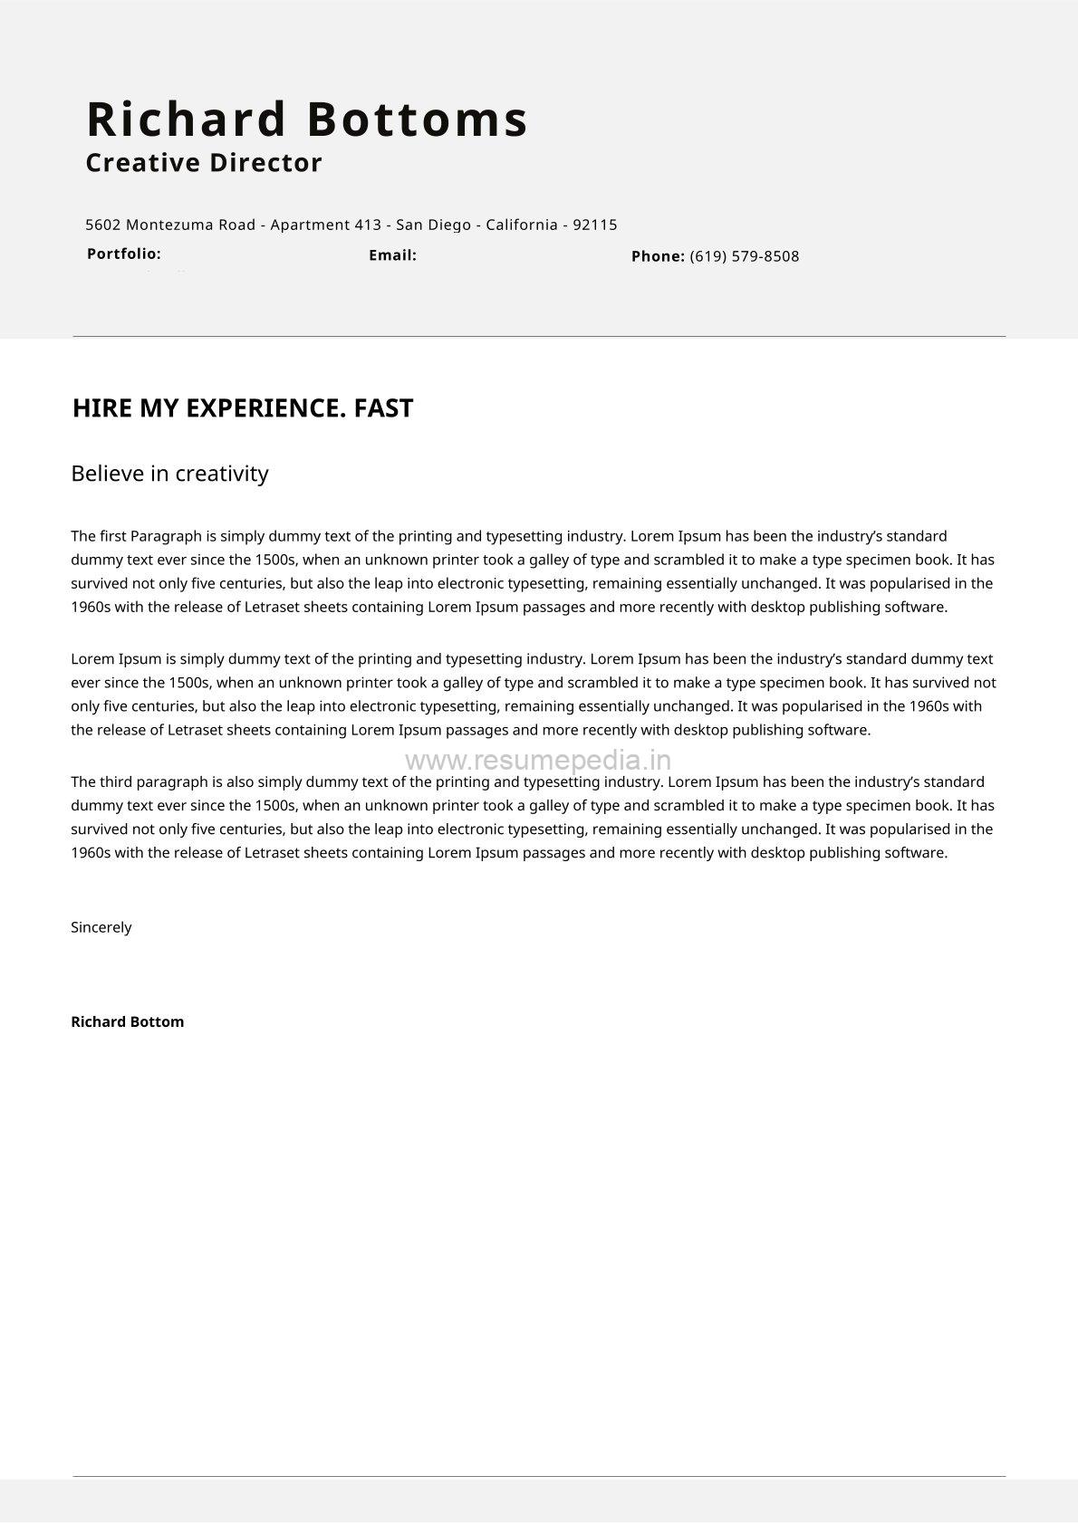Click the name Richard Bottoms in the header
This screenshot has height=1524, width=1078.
(x=306, y=120)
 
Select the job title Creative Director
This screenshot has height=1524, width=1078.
(x=204, y=163)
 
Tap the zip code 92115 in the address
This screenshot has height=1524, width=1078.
(x=594, y=225)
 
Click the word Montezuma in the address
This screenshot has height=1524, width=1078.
(x=169, y=225)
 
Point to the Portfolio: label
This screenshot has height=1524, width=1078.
(x=124, y=254)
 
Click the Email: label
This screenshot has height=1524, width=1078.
(x=392, y=255)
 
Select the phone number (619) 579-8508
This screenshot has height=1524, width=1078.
(x=744, y=256)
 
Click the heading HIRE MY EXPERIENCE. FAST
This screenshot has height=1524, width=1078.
(x=242, y=408)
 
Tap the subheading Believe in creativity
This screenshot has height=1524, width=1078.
(x=169, y=474)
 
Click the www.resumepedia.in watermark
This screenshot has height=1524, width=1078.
(x=538, y=760)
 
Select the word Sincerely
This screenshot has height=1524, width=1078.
(x=101, y=927)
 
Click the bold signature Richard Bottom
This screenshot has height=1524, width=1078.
(x=127, y=1021)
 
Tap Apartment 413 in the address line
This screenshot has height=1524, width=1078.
(x=325, y=225)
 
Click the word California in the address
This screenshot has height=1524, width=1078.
(x=521, y=225)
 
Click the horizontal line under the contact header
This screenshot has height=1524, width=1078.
(x=539, y=337)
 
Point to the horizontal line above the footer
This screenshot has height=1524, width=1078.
(x=539, y=1476)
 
